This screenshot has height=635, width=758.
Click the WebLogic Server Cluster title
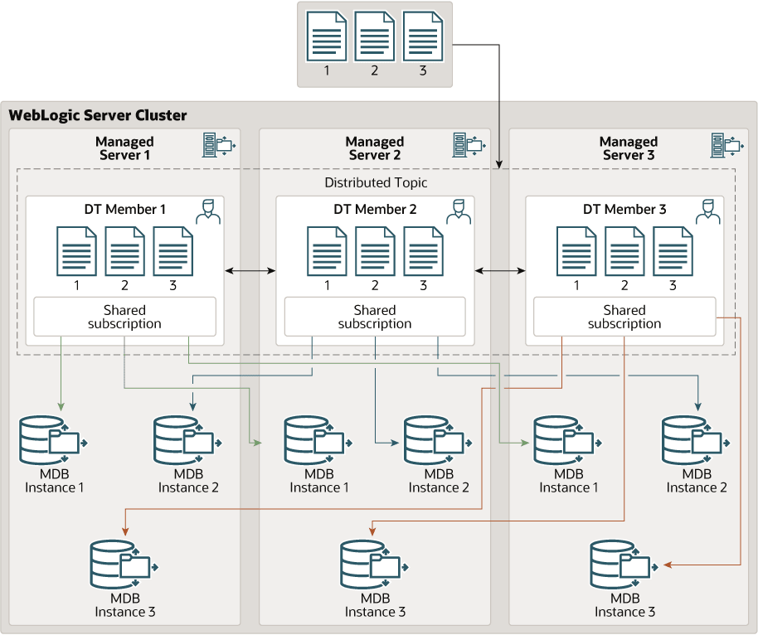click(98, 115)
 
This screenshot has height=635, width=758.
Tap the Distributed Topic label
click(376, 182)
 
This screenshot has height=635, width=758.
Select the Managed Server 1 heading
click(124, 148)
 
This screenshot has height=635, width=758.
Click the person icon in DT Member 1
click(208, 211)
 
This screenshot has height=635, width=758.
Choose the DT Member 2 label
click(375, 210)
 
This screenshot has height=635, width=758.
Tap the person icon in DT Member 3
click(707, 211)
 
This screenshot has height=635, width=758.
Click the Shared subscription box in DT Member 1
click(124, 317)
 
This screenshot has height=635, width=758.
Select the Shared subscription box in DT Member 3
click(624, 317)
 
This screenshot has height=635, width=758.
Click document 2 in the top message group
click(375, 36)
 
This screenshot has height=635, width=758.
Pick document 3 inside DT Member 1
click(173, 251)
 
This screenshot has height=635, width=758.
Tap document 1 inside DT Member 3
click(576, 251)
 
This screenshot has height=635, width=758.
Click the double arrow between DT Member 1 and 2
click(250, 270)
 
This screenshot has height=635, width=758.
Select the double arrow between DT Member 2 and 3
click(500, 270)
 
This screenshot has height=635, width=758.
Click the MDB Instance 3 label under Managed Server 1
click(124, 605)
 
